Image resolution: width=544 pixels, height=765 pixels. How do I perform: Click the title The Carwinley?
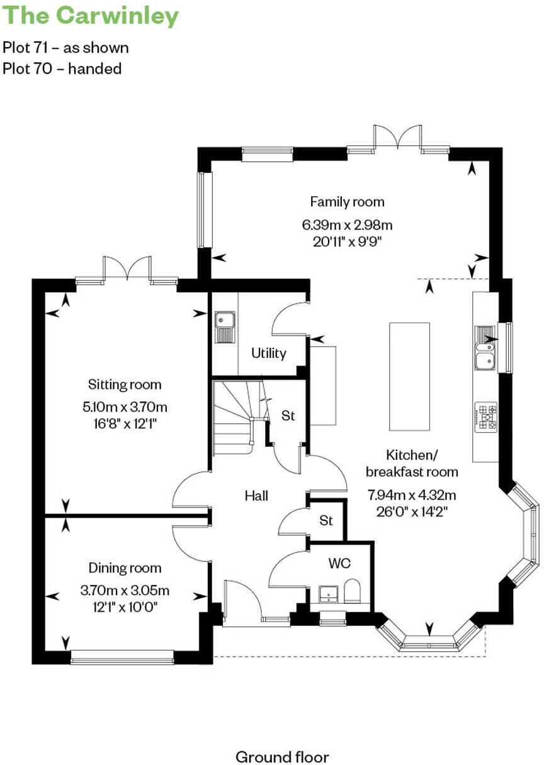(91, 16)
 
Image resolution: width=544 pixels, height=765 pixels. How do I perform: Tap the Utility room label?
(269, 353)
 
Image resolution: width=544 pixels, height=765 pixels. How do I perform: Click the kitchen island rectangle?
(409, 376)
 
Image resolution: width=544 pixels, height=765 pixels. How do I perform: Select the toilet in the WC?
(353, 592)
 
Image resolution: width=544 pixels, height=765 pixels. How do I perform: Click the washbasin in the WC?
(328, 593)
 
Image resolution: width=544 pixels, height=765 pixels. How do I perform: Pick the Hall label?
(256, 496)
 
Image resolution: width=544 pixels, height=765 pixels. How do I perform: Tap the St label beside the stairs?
(288, 416)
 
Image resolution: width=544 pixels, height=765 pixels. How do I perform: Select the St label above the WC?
(326, 521)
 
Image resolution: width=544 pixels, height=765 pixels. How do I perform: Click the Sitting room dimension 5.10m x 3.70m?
(125, 406)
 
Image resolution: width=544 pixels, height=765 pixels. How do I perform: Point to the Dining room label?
(125, 568)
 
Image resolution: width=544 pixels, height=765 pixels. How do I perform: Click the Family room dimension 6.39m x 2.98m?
(347, 225)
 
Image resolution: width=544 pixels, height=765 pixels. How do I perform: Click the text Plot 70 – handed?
(62, 69)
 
